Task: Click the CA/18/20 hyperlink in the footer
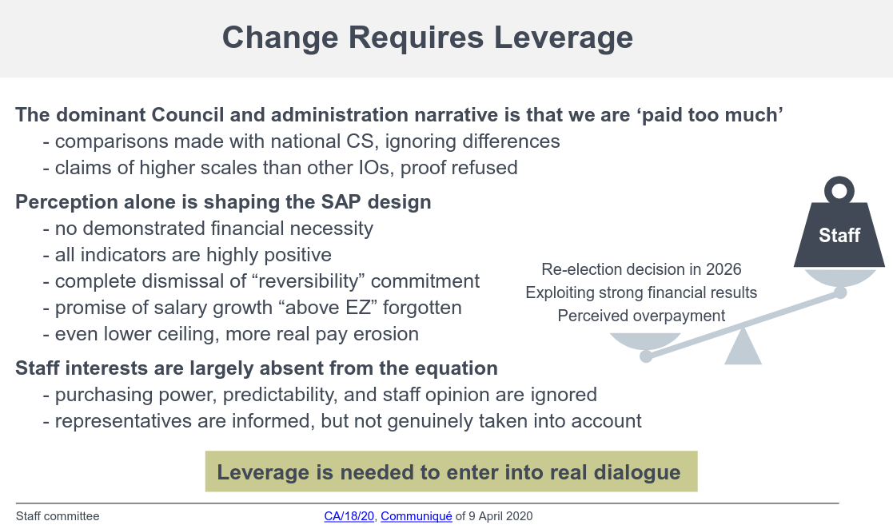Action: [349, 516]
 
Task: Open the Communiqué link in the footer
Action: [416, 516]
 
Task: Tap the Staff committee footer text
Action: [58, 516]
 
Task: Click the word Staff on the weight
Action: [839, 235]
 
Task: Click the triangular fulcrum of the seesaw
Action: [743, 347]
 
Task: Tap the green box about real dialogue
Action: [451, 471]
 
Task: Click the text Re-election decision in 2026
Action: [641, 269]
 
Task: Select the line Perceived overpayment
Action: [641, 316]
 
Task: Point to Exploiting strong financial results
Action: [641, 292]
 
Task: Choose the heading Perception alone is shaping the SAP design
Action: [223, 202]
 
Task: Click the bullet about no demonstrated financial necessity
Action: [213, 229]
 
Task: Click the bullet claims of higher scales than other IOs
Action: [285, 168]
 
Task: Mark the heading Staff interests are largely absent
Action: [257, 368]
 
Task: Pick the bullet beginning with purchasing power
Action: [325, 395]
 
